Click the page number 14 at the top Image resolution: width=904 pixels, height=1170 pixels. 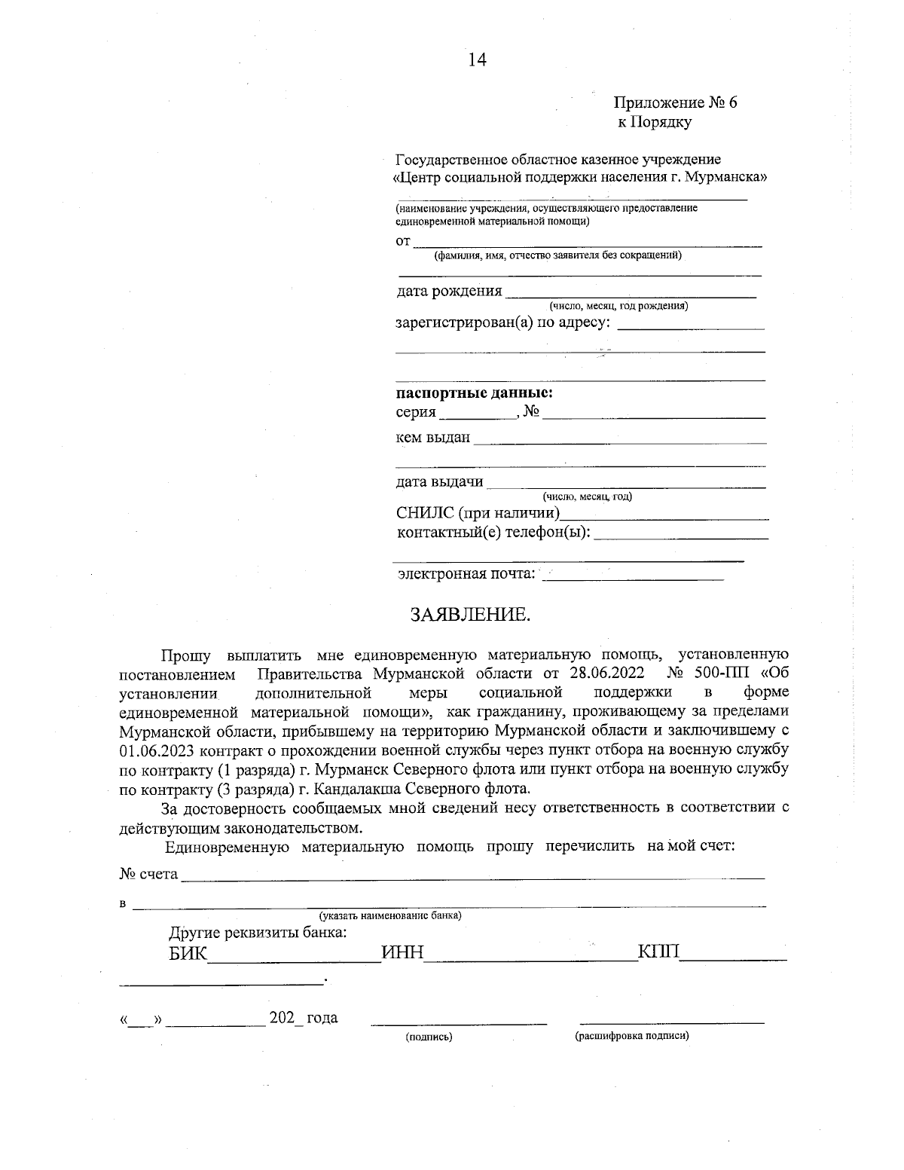coord(478,60)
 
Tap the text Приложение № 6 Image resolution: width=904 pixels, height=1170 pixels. coord(675,102)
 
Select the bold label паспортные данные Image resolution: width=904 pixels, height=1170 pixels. coord(475,393)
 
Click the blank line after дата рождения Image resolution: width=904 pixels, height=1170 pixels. coord(631,292)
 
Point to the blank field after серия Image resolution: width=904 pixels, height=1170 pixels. coord(477,413)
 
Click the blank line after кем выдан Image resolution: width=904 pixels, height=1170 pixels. coord(619,438)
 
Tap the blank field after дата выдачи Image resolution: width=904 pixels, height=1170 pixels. coord(625,483)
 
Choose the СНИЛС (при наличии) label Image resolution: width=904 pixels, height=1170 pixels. coord(478,514)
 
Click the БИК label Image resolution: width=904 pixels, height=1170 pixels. coord(187,954)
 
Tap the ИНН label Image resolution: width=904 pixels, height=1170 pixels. coord(403,954)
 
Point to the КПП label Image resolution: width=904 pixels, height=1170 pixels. coord(659,953)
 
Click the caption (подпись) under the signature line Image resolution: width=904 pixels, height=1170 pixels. coord(429,1037)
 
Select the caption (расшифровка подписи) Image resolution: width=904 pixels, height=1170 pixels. coord(632,1036)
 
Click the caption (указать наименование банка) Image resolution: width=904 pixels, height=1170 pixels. coord(390,915)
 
